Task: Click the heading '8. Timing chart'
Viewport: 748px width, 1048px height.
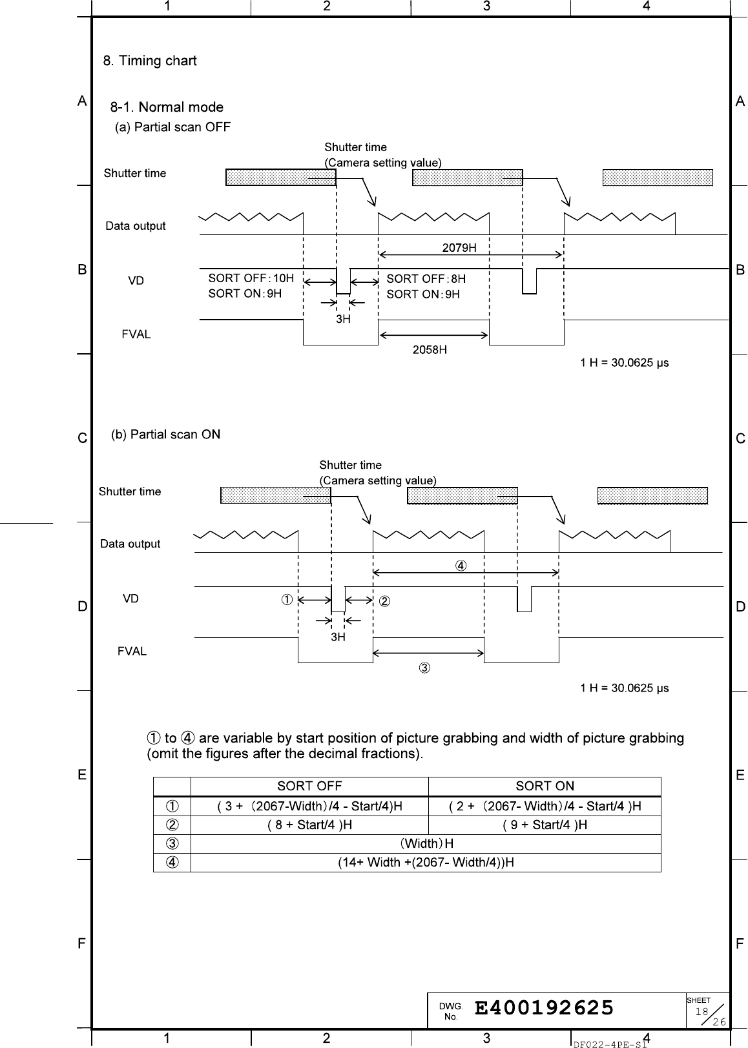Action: [x=150, y=61]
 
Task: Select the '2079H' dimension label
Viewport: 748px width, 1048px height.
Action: [x=459, y=247]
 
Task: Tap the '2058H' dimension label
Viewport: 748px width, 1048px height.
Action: [x=430, y=350]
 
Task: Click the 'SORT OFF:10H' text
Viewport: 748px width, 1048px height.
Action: [x=251, y=278]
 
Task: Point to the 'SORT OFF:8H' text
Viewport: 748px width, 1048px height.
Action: [x=426, y=278]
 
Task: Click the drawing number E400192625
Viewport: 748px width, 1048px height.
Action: [x=544, y=1008]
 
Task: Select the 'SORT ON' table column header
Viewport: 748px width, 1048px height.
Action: [x=545, y=786]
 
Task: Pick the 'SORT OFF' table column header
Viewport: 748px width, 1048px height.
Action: [x=309, y=786]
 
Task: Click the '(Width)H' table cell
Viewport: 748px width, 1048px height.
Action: [x=426, y=843]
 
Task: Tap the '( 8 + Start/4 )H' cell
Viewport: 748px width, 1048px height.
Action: [x=309, y=825]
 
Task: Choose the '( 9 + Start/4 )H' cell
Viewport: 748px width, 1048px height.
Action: [x=545, y=825]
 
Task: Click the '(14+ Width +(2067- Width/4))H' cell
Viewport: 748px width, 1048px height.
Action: [x=426, y=862]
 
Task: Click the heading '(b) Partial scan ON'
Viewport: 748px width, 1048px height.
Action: [x=166, y=435]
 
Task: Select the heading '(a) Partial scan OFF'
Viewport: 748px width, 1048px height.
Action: [x=172, y=127]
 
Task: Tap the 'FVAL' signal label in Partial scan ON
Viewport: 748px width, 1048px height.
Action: [x=132, y=651]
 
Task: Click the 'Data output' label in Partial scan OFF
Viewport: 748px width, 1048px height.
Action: [x=136, y=226]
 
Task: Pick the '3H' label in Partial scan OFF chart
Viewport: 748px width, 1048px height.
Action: [x=343, y=319]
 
